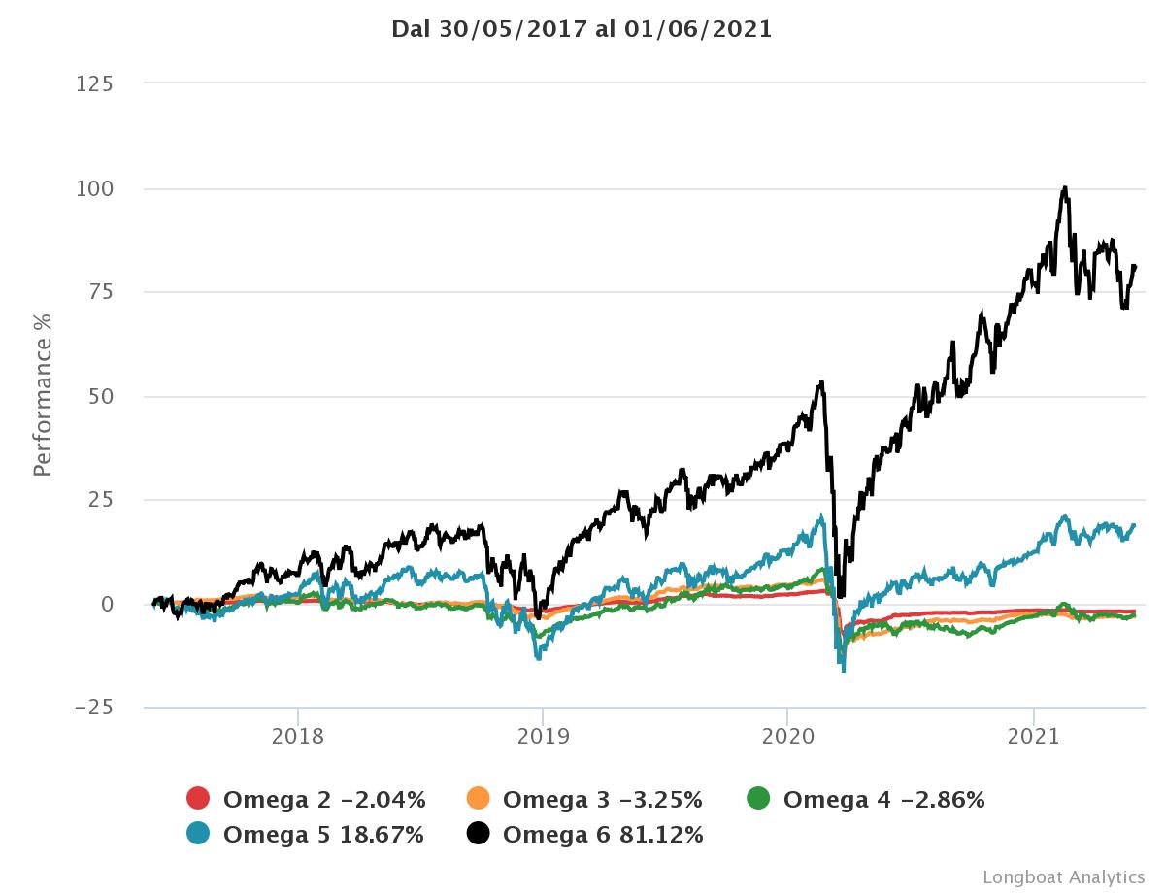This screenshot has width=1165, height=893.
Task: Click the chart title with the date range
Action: pos(582,29)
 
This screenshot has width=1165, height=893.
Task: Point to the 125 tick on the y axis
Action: pos(94,84)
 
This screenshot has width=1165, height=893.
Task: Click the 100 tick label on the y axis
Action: pos(94,188)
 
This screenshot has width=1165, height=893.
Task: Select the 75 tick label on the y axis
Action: pos(100,292)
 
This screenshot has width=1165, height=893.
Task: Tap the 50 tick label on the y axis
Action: pos(100,396)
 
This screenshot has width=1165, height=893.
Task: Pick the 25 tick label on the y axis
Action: pos(100,500)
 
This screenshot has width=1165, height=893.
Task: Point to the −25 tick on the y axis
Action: pos(94,708)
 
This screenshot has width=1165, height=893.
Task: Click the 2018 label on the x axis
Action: pos(298,736)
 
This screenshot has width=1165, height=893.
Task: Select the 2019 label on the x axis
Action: pos(543,736)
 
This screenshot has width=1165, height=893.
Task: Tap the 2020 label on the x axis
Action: pos(787,736)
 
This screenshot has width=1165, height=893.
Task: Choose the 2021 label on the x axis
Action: pos(1033,736)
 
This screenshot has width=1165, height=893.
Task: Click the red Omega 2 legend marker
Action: pos(198,799)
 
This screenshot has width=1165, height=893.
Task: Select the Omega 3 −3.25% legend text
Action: pos(602,800)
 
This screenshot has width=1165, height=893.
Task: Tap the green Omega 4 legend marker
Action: pos(758,799)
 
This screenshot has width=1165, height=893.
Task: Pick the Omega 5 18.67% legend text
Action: pos(323,835)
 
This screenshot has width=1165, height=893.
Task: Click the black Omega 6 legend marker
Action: pos(478,834)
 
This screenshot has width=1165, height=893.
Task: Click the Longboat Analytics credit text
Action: pos(1063,876)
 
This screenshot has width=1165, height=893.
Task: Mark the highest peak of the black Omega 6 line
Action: pos(1065,187)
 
